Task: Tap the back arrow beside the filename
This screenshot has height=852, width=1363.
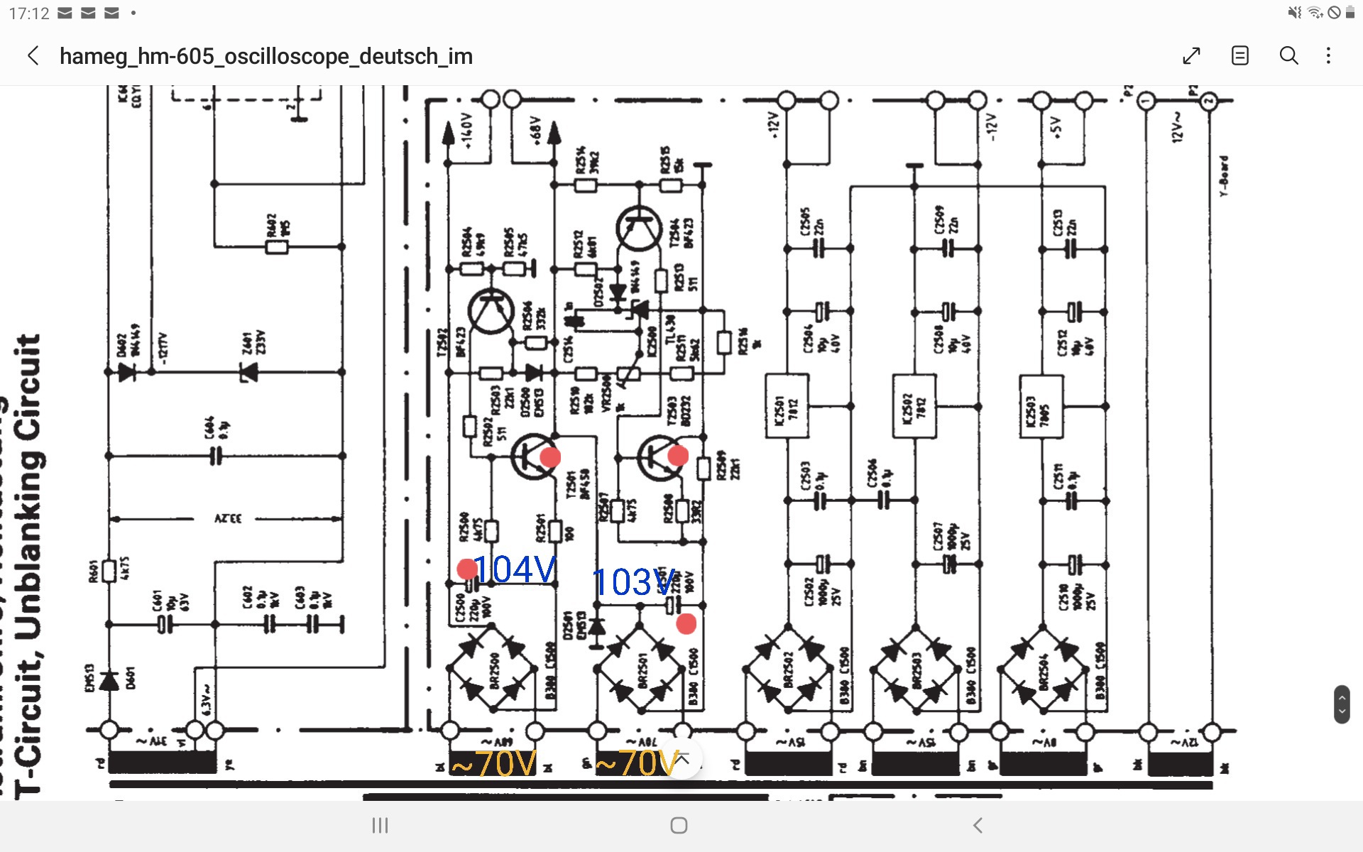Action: click(x=33, y=56)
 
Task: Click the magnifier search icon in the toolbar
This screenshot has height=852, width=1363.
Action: click(x=1288, y=56)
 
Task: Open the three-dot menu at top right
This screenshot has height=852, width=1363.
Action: click(x=1328, y=56)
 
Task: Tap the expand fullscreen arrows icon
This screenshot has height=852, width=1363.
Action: click(x=1191, y=56)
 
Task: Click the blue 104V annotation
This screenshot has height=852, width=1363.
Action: click(x=515, y=569)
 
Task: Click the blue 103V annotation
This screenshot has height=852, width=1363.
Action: click(x=632, y=583)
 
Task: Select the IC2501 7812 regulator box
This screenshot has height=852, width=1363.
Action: click(x=787, y=407)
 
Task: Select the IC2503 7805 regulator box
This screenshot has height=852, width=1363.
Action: click(x=1041, y=407)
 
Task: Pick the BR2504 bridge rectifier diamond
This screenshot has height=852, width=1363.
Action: click(x=1043, y=669)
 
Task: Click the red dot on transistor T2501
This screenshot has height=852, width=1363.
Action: click(x=550, y=457)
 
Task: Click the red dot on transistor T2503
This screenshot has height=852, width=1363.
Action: click(x=678, y=455)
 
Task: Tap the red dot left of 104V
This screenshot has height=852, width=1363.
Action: click(x=467, y=569)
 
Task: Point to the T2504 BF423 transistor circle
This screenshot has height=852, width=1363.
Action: click(x=639, y=229)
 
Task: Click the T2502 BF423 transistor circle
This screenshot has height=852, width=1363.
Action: click(x=491, y=311)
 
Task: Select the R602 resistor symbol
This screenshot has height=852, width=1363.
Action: click(x=276, y=247)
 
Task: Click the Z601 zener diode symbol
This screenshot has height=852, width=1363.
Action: click(x=248, y=371)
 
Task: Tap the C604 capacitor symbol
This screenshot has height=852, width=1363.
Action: click(x=215, y=456)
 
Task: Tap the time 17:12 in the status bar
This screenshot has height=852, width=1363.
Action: click(x=29, y=13)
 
